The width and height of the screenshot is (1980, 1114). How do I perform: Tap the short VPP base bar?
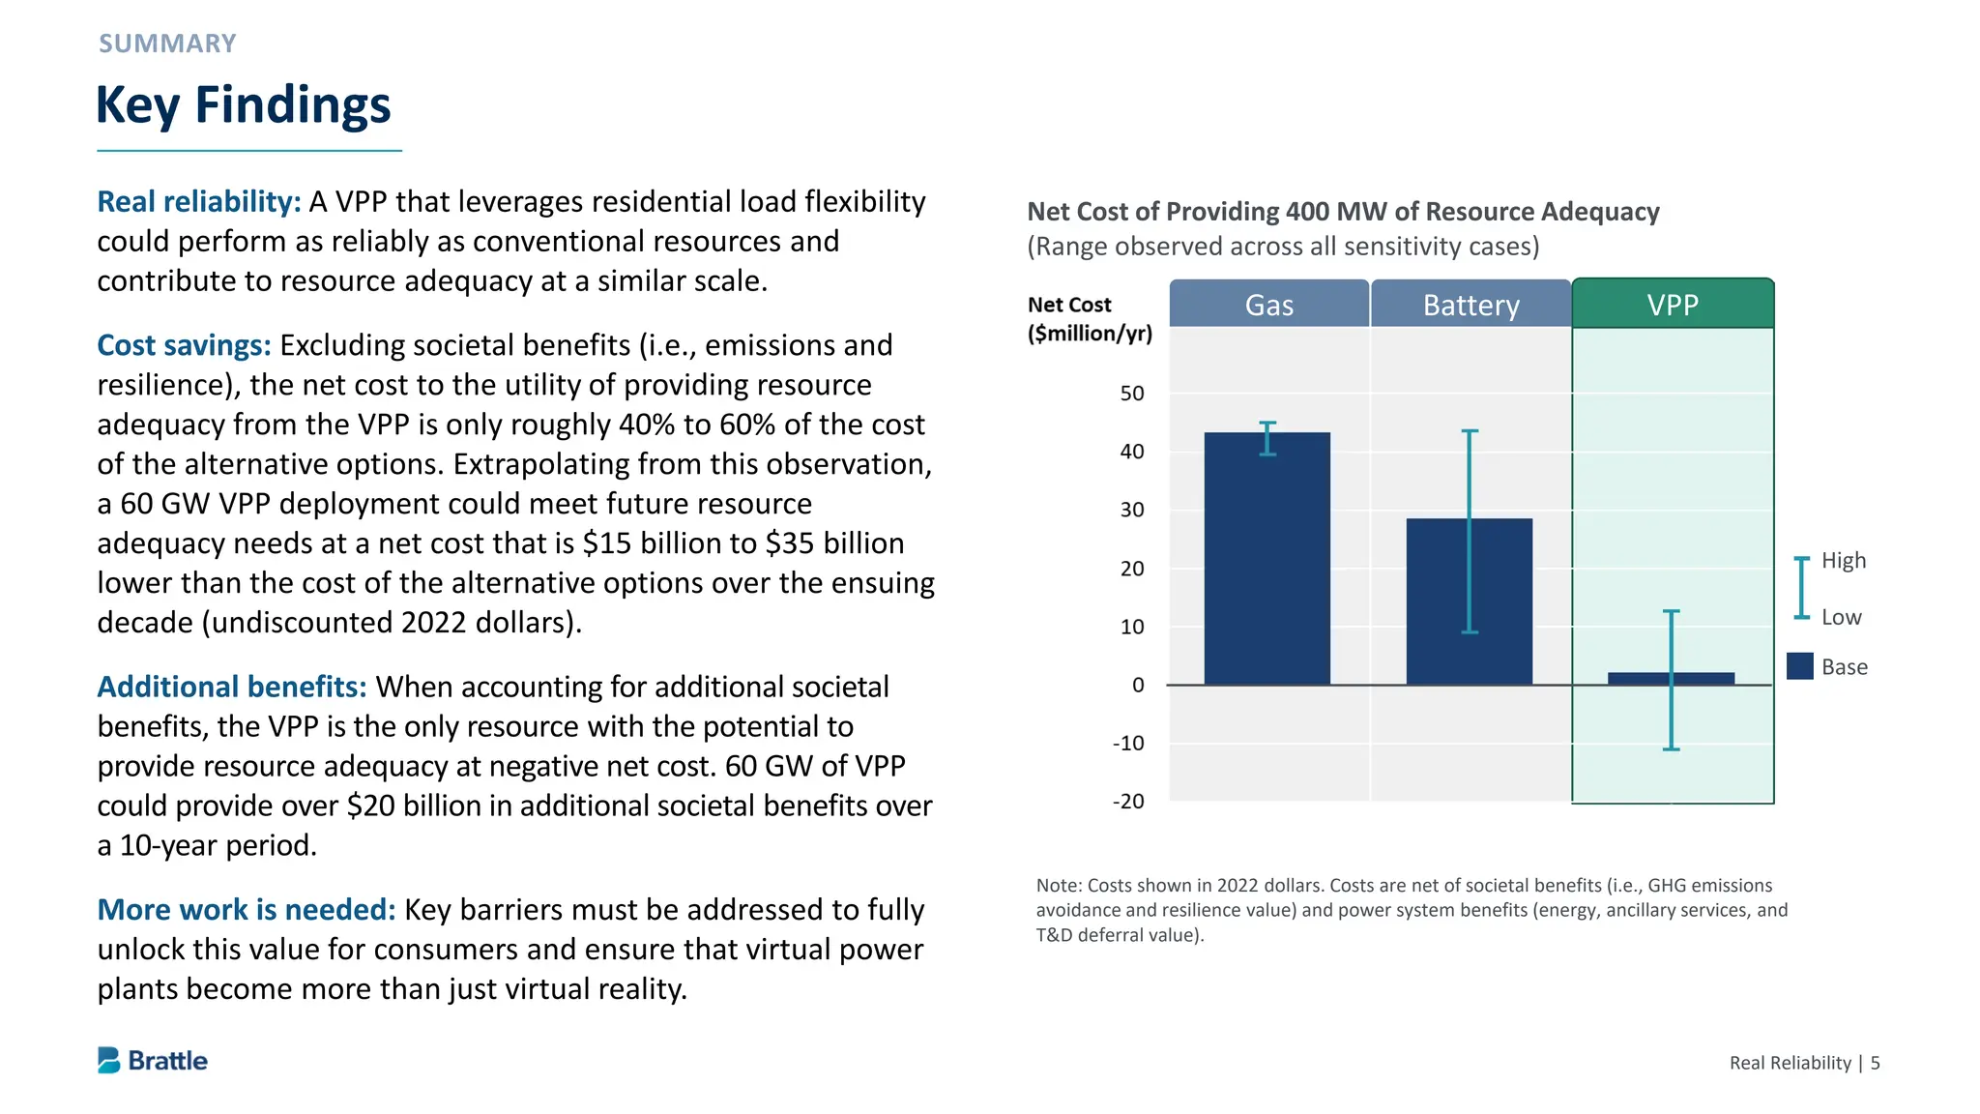pyautogui.click(x=1644, y=678)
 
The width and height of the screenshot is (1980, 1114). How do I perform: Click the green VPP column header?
pyautogui.click(x=1673, y=305)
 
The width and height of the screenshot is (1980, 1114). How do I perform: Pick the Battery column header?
pyautogui.click(x=1470, y=305)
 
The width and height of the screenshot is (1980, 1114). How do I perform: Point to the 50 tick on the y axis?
pyautogui.click(x=1132, y=394)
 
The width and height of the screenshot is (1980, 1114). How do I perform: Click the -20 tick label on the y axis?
pyautogui.click(x=1128, y=802)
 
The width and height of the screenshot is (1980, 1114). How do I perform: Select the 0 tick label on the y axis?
pyautogui.click(x=1138, y=686)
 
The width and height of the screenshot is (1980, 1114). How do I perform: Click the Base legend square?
pyautogui.click(x=1799, y=666)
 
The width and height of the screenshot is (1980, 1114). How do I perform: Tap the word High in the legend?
pyautogui.click(x=1843, y=561)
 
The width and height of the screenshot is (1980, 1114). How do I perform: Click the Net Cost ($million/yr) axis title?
pyautogui.click(x=1090, y=319)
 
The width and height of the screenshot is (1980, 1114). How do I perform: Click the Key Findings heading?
pyautogui.click(x=244, y=104)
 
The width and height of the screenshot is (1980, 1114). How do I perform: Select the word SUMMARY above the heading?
pyautogui.click(x=167, y=44)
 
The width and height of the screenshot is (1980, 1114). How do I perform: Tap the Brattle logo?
pyautogui.click(x=153, y=1061)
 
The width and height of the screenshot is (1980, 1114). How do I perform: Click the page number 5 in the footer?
pyautogui.click(x=1875, y=1063)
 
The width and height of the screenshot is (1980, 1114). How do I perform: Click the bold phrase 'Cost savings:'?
pyautogui.click(x=184, y=345)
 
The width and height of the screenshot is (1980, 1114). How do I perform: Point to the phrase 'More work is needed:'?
pyautogui.click(x=247, y=910)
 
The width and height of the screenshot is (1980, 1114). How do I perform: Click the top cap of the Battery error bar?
pyautogui.click(x=1470, y=431)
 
